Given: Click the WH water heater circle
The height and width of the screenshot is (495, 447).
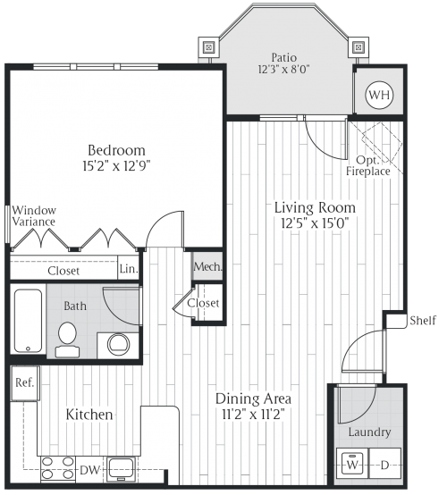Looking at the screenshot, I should click(379, 94).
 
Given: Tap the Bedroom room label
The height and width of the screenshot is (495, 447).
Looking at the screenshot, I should click(115, 150).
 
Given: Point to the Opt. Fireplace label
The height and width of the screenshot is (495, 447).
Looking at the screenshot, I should click(368, 164).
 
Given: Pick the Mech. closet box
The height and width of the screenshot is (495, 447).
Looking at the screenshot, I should click(207, 267).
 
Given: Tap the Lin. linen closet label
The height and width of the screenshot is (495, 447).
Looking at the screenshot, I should click(129, 269).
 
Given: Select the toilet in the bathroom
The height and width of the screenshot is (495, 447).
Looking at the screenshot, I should click(67, 337).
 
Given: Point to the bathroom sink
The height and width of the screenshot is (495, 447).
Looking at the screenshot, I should click(117, 343).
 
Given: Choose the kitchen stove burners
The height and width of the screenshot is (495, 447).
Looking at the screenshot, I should click(56, 467).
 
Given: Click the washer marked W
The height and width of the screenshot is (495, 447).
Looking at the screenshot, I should click(352, 465).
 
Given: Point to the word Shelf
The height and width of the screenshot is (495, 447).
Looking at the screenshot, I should click(422, 321).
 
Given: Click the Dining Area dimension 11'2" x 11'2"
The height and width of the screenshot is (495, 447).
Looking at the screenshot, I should click(255, 415).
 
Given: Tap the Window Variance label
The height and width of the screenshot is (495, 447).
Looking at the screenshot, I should click(34, 214).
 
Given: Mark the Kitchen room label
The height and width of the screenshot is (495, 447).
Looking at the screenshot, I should click(89, 415).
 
